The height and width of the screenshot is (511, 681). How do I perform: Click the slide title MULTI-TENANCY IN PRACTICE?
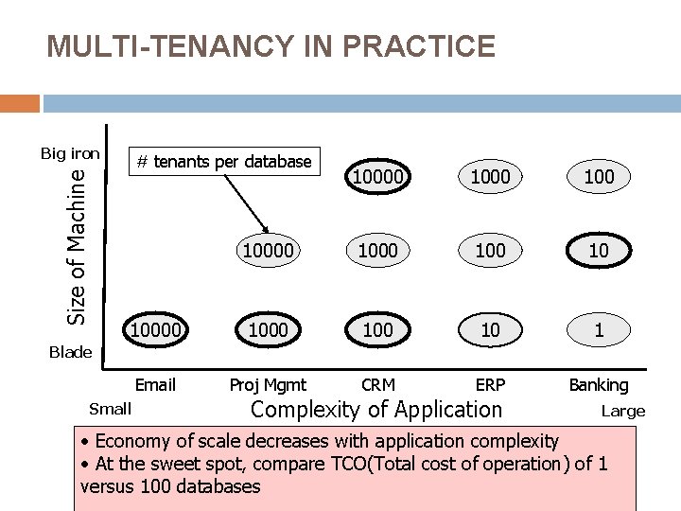(x=271, y=46)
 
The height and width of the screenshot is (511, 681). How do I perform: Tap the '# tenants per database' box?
(x=223, y=162)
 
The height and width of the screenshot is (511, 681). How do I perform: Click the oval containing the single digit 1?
(x=599, y=330)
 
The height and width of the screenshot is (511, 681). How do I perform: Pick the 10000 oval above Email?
(x=156, y=330)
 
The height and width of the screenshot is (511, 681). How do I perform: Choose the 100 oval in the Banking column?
(x=599, y=176)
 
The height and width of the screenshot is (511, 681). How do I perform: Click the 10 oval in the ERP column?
(x=490, y=330)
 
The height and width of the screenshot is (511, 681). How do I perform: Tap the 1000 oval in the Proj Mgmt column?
(x=269, y=330)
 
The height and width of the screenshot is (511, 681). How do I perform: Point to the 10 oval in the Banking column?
(x=599, y=251)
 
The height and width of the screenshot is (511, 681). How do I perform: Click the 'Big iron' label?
(x=70, y=152)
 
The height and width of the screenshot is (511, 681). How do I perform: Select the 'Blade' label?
(x=70, y=352)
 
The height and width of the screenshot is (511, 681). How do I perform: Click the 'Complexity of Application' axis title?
(x=375, y=410)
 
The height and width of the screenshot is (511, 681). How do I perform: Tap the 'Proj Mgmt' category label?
(x=269, y=384)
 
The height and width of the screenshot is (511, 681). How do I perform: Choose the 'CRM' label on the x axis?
(x=378, y=384)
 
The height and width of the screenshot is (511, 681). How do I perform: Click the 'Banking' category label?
(x=599, y=384)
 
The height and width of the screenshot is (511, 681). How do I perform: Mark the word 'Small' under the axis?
(x=110, y=409)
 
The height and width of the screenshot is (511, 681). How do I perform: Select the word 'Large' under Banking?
(x=623, y=411)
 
